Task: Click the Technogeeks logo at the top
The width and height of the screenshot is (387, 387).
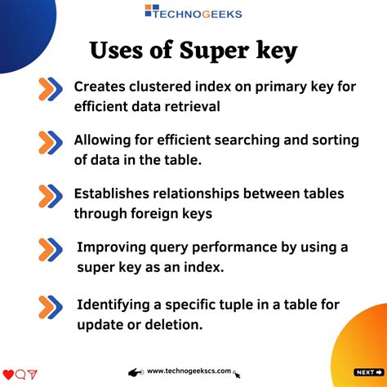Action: pos(193,12)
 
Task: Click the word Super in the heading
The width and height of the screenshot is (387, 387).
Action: pos(215,51)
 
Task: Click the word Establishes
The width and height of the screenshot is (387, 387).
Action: pos(112,194)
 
